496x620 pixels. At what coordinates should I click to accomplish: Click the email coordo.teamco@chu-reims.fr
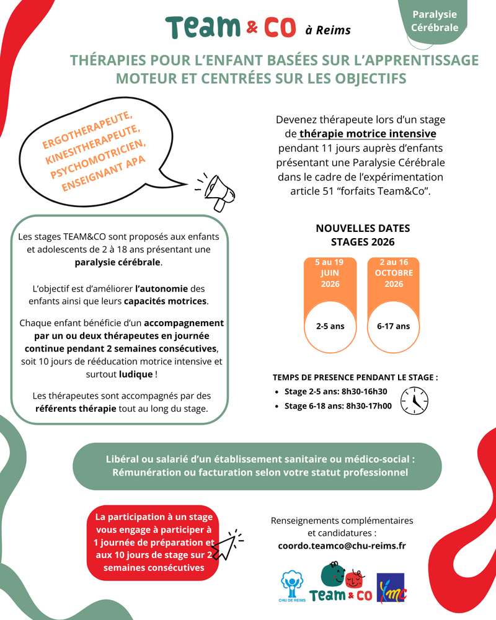pos(342,546)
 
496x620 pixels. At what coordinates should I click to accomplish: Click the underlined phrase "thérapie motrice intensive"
pos(368,134)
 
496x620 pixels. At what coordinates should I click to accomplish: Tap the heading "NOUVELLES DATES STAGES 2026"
pos(363,235)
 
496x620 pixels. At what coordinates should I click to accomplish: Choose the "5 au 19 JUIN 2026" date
pos(329,273)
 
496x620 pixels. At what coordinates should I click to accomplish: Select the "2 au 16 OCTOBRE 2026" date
pos(393,273)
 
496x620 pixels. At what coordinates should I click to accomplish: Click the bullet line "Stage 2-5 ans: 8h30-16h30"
pos(335,391)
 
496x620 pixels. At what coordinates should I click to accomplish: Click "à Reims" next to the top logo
pos(328,30)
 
